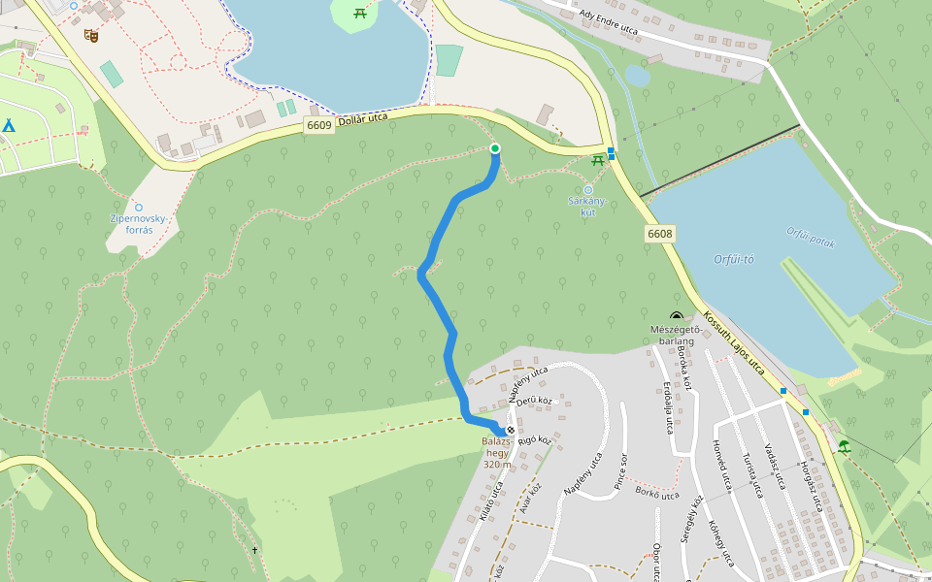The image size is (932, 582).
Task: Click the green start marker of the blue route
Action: click(x=495, y=148)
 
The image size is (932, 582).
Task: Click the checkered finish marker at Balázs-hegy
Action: click(x=511, y=430)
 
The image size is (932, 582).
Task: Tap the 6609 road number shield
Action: click(x=318, y=125)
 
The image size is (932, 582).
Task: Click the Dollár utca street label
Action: click(x=364, y=119)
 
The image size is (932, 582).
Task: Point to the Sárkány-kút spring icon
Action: click(x=587, y=189)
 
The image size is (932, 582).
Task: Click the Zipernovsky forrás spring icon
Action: click(x=139, y=207)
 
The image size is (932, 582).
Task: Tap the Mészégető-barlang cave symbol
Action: click(x=676, y=316)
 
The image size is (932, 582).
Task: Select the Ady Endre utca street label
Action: click(x=608, y=21)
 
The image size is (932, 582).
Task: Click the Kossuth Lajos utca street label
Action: click(x=734, y=343)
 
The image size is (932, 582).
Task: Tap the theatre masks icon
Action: click(x=92, y=36)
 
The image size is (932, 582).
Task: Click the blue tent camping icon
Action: click(x=8, y=125)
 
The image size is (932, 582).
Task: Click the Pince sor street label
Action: click(x=619, y=469)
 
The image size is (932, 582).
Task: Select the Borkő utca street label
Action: click(x=654, y=493)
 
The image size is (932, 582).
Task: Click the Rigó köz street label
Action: click(x=535, y=441)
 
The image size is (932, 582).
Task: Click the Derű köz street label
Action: click(x=534, y=401)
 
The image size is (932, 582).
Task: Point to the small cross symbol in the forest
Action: click(x=255, y=551)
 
